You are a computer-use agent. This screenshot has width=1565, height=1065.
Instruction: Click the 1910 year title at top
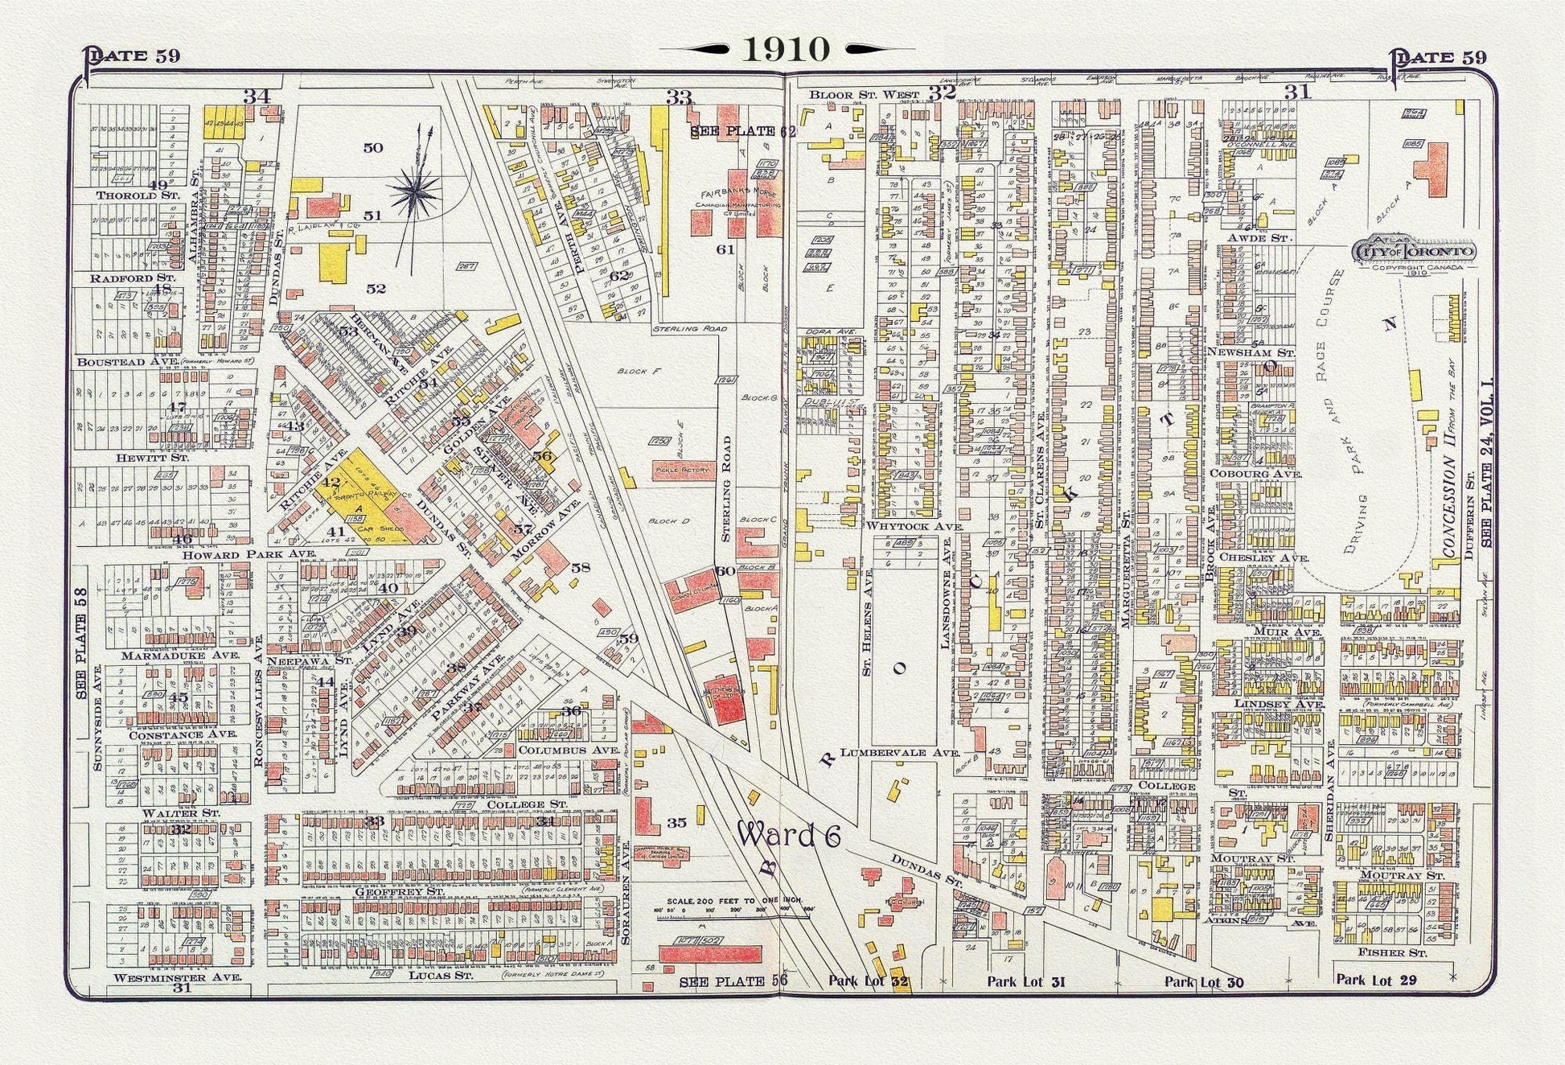(785, 49)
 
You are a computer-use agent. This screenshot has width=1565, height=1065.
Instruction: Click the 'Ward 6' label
(789, 837)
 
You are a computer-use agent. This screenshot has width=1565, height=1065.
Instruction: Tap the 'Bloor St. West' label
(865, 94)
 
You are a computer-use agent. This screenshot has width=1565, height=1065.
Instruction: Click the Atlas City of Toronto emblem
(1415, 253)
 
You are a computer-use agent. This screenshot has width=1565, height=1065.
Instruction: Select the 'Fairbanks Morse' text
(736, 193)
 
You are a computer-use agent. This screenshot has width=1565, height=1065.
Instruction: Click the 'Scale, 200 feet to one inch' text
(721, 901)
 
